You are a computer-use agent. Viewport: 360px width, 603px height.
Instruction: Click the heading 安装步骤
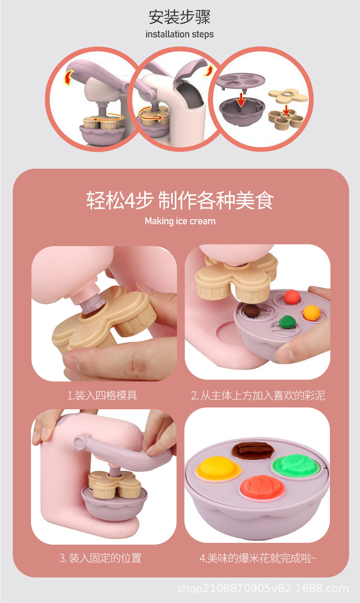pos(180,17)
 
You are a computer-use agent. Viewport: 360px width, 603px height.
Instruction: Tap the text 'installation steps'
pos(180,34)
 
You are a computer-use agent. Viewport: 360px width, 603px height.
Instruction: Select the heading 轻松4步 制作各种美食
pos(180,200)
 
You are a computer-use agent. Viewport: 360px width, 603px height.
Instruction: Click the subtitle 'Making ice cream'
pos(180,221)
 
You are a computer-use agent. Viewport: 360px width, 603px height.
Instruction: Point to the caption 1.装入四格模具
pos(102,395)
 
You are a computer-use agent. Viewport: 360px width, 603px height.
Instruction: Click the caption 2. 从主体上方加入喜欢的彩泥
pos(257,395)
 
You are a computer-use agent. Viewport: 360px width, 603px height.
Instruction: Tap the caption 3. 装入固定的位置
pos(101,558)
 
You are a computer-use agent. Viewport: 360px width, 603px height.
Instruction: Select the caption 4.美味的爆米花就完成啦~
pos(257,558)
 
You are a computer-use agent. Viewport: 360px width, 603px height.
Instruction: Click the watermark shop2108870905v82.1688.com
pos(262,588)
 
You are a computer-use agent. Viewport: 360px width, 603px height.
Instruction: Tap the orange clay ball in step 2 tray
pos(312,312)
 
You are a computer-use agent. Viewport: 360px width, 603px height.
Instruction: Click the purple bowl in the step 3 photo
pos(114,501)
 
